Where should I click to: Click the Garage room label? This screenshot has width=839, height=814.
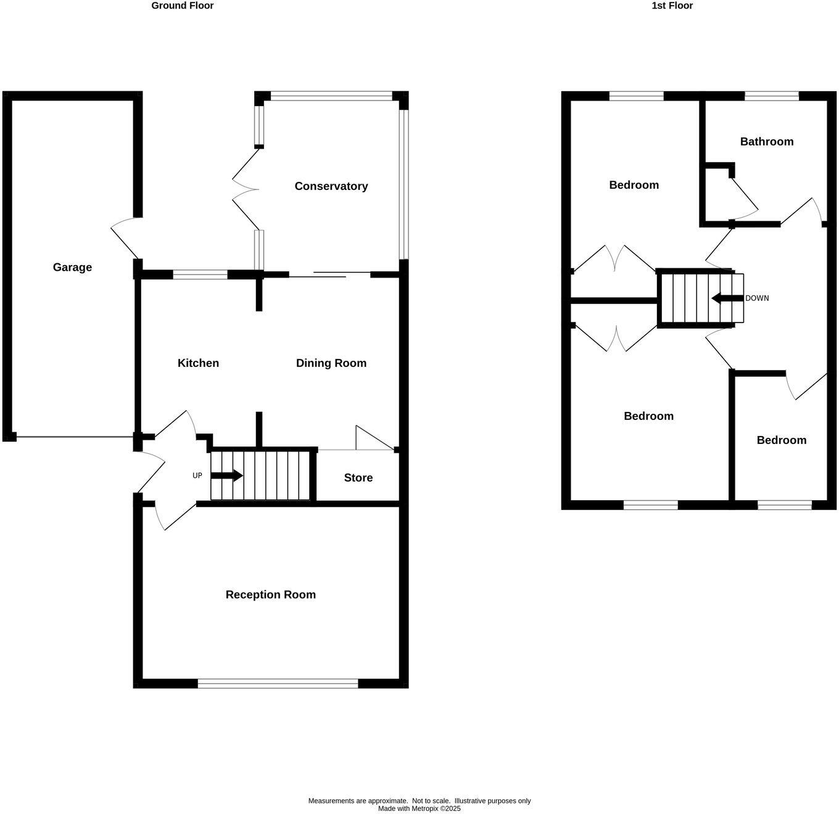coord(72,267)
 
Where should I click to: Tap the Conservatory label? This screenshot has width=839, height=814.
coord(331,186)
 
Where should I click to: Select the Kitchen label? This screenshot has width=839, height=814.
coord(198,363)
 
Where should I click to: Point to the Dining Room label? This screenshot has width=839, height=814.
coord(331,363)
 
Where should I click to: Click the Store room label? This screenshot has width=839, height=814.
coord(358,478)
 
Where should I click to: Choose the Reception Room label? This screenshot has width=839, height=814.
coord(270,594)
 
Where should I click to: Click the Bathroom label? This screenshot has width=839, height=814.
coord(766,142)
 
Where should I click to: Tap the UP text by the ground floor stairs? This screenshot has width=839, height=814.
coord(197,476)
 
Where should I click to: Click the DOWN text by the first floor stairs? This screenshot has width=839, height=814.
coord(757,298)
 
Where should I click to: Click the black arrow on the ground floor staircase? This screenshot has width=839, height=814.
coord(227,476)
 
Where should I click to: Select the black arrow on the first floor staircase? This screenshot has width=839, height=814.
coord(727,298)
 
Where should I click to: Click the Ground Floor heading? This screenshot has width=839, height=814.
coord(183,6)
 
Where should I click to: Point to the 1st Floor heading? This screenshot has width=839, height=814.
coord(672,6)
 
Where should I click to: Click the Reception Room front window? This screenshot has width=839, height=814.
coord(278,683)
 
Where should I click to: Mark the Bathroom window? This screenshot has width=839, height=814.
coord(772,96)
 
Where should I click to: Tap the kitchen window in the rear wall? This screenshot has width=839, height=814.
coord(200,275)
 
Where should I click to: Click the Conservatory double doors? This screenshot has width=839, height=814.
coord(245,189)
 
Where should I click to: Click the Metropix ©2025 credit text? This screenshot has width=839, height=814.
coord(419,808)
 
